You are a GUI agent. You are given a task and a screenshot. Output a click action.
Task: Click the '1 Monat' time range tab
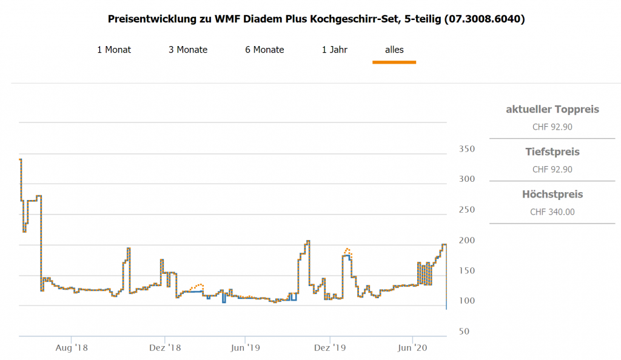(x=114, y=50)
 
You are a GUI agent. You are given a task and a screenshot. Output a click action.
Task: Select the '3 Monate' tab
(x=188, y=50)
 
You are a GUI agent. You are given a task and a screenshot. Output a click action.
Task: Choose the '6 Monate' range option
(x=264, y=50)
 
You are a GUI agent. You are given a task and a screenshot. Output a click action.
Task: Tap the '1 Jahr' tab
(x=335, y=50)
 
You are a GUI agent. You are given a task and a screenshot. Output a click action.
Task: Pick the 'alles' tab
(x=394, y=50)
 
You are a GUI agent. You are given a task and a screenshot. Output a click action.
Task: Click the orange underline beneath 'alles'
(x=394, y=62)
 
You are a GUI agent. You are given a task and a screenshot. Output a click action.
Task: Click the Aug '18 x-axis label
(x=72, y=348)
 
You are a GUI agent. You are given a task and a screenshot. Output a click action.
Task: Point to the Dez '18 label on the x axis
(x=166, y=348)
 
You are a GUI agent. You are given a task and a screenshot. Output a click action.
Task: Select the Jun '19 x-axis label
(x=246, y=348)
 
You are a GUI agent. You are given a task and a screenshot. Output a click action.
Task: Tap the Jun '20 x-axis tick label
(x=413, y=348)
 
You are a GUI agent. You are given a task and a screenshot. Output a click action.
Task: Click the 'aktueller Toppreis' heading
(x=552, y=110)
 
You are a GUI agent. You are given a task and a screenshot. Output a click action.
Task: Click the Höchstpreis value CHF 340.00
(x=552, y=212)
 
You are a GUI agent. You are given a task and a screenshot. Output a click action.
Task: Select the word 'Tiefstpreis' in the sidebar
(x=552, y=152)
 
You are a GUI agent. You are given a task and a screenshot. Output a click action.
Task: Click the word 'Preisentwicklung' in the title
(x=152, y=19)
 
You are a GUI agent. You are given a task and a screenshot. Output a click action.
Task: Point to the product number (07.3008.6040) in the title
(x=485, y=19)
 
